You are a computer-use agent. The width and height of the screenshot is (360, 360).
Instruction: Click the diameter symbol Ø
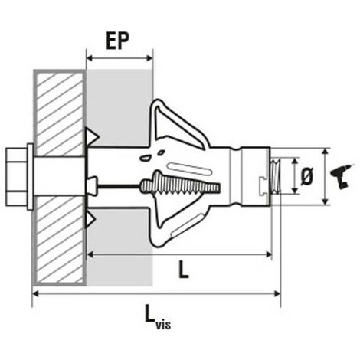click(306, 177)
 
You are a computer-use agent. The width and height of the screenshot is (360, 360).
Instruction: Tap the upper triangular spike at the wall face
click(93, 136)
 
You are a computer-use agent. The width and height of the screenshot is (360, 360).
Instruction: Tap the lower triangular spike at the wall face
click(93, 221)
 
